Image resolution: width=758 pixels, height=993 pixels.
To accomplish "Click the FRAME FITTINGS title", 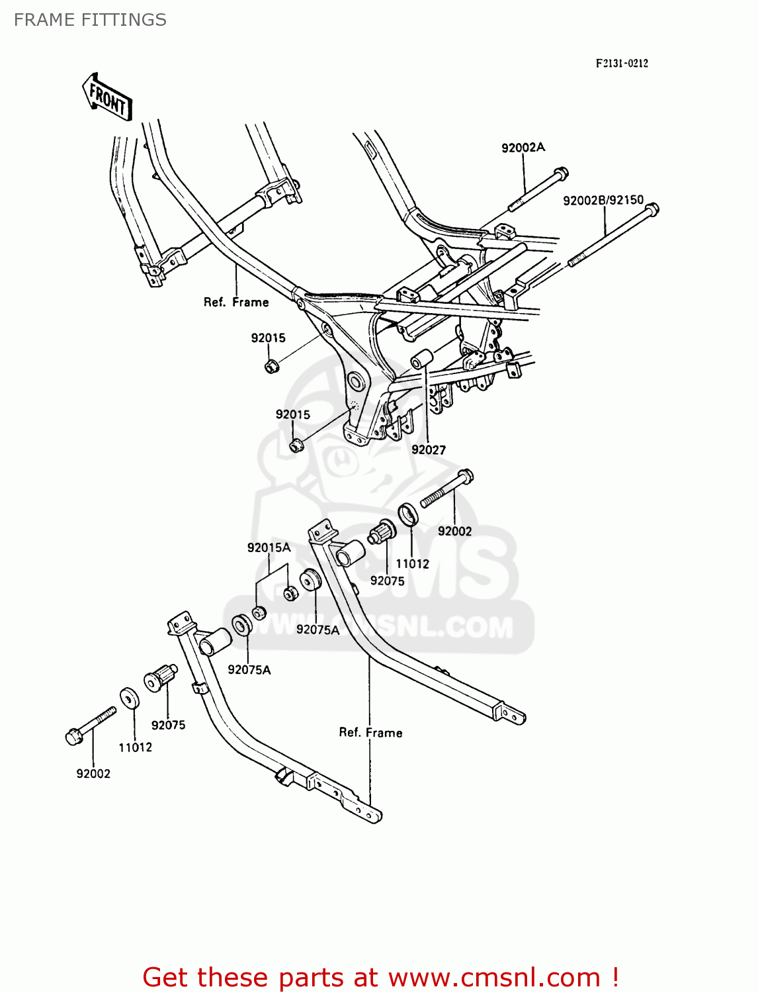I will pyautogui.click(x=90, y=20).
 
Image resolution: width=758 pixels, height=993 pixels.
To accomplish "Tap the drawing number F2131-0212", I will pyautogui.click(x=622, y=64).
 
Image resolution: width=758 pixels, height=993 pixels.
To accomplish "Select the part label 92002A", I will pyautogui.click(x=523, y=148).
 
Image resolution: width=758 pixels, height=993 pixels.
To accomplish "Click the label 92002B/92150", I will pyautogui.click(x=603, y=200).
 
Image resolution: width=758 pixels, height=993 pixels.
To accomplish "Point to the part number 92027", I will pyautogui.click(x=429, y=449).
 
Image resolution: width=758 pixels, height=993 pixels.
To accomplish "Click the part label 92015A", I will pyautogui.click(x=269, y=547).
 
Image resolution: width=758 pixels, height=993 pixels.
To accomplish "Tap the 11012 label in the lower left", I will pyautogui.click(x=135, y=747).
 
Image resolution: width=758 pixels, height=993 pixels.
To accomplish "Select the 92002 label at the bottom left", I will pyautogui.click(x=93, y=773).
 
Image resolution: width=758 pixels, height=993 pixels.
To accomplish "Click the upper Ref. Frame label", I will pyautogui.click(x=236, y=302).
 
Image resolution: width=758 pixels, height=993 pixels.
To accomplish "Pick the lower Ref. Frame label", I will pyautogui.click(x=370, y=732).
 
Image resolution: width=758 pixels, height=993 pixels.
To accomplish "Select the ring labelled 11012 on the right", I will pyautogui.click(x=408, y=514).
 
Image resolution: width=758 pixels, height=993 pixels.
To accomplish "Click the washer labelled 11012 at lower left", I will pyautogui.click(x=129, y=698).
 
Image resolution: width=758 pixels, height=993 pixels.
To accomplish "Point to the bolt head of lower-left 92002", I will pyautogui.click(x=74, y=736).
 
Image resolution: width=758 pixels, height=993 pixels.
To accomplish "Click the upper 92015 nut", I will pyautogui.click(x=271, y=365).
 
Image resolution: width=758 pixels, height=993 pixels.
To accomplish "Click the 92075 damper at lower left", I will pyautogui.click(x=159, y=677).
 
